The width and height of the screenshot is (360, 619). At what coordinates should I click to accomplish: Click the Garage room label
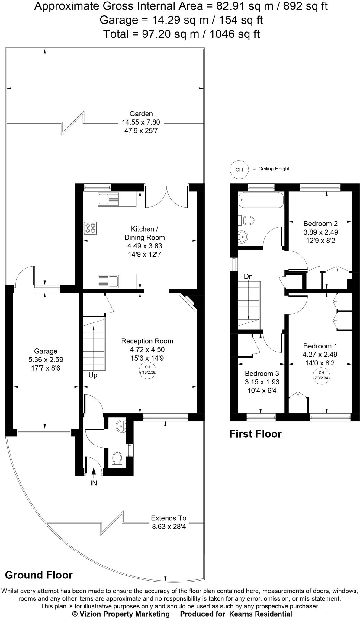click(x=46, y=351)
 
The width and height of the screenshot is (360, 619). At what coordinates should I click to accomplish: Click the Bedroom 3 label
click(x=262, y=373)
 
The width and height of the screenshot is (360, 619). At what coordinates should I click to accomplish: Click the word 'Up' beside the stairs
click(x=93, y=375)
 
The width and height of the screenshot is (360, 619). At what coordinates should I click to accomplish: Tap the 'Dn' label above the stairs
click(x=248, y=277)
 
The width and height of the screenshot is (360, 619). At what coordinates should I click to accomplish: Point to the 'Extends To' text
click(x=169, y=518)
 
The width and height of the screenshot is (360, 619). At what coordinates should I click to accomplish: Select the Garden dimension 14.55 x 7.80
click(x=141, y=122)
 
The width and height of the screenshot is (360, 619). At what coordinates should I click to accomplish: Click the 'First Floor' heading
click(x=255, y=434)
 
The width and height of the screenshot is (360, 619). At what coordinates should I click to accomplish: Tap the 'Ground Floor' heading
click(x=39, y=575)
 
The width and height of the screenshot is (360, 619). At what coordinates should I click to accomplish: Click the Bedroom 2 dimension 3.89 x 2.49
click(x=320, y=232)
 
